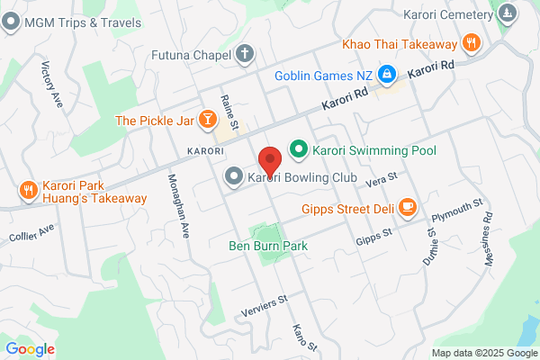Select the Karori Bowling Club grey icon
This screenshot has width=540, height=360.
(233, 176)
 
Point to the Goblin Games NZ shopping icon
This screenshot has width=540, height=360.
(386, 73)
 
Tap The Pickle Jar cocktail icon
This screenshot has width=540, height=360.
(207, 119)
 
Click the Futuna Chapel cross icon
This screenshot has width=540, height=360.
(243, 54)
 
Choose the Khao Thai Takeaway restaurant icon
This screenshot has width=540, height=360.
(470, 42)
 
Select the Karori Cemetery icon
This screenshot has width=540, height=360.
(508, 13)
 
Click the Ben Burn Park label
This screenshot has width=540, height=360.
(268, 246)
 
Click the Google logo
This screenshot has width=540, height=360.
(31, 348)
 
